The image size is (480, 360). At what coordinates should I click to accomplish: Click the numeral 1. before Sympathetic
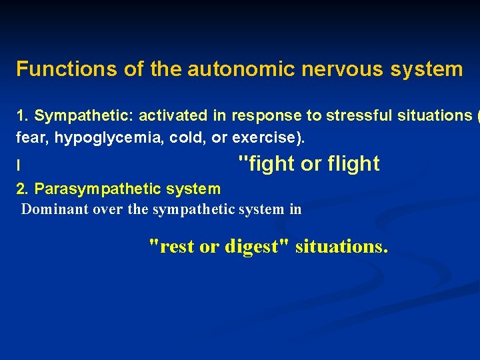point(23,116)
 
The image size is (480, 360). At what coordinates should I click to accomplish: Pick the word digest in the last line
point(254,247)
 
